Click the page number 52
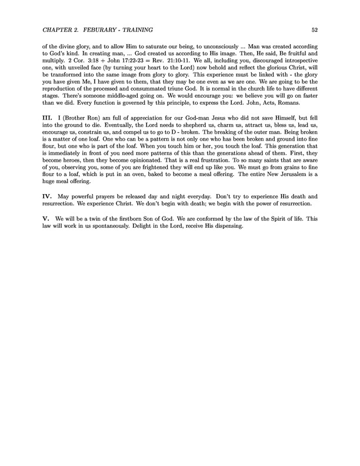point(315,29)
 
